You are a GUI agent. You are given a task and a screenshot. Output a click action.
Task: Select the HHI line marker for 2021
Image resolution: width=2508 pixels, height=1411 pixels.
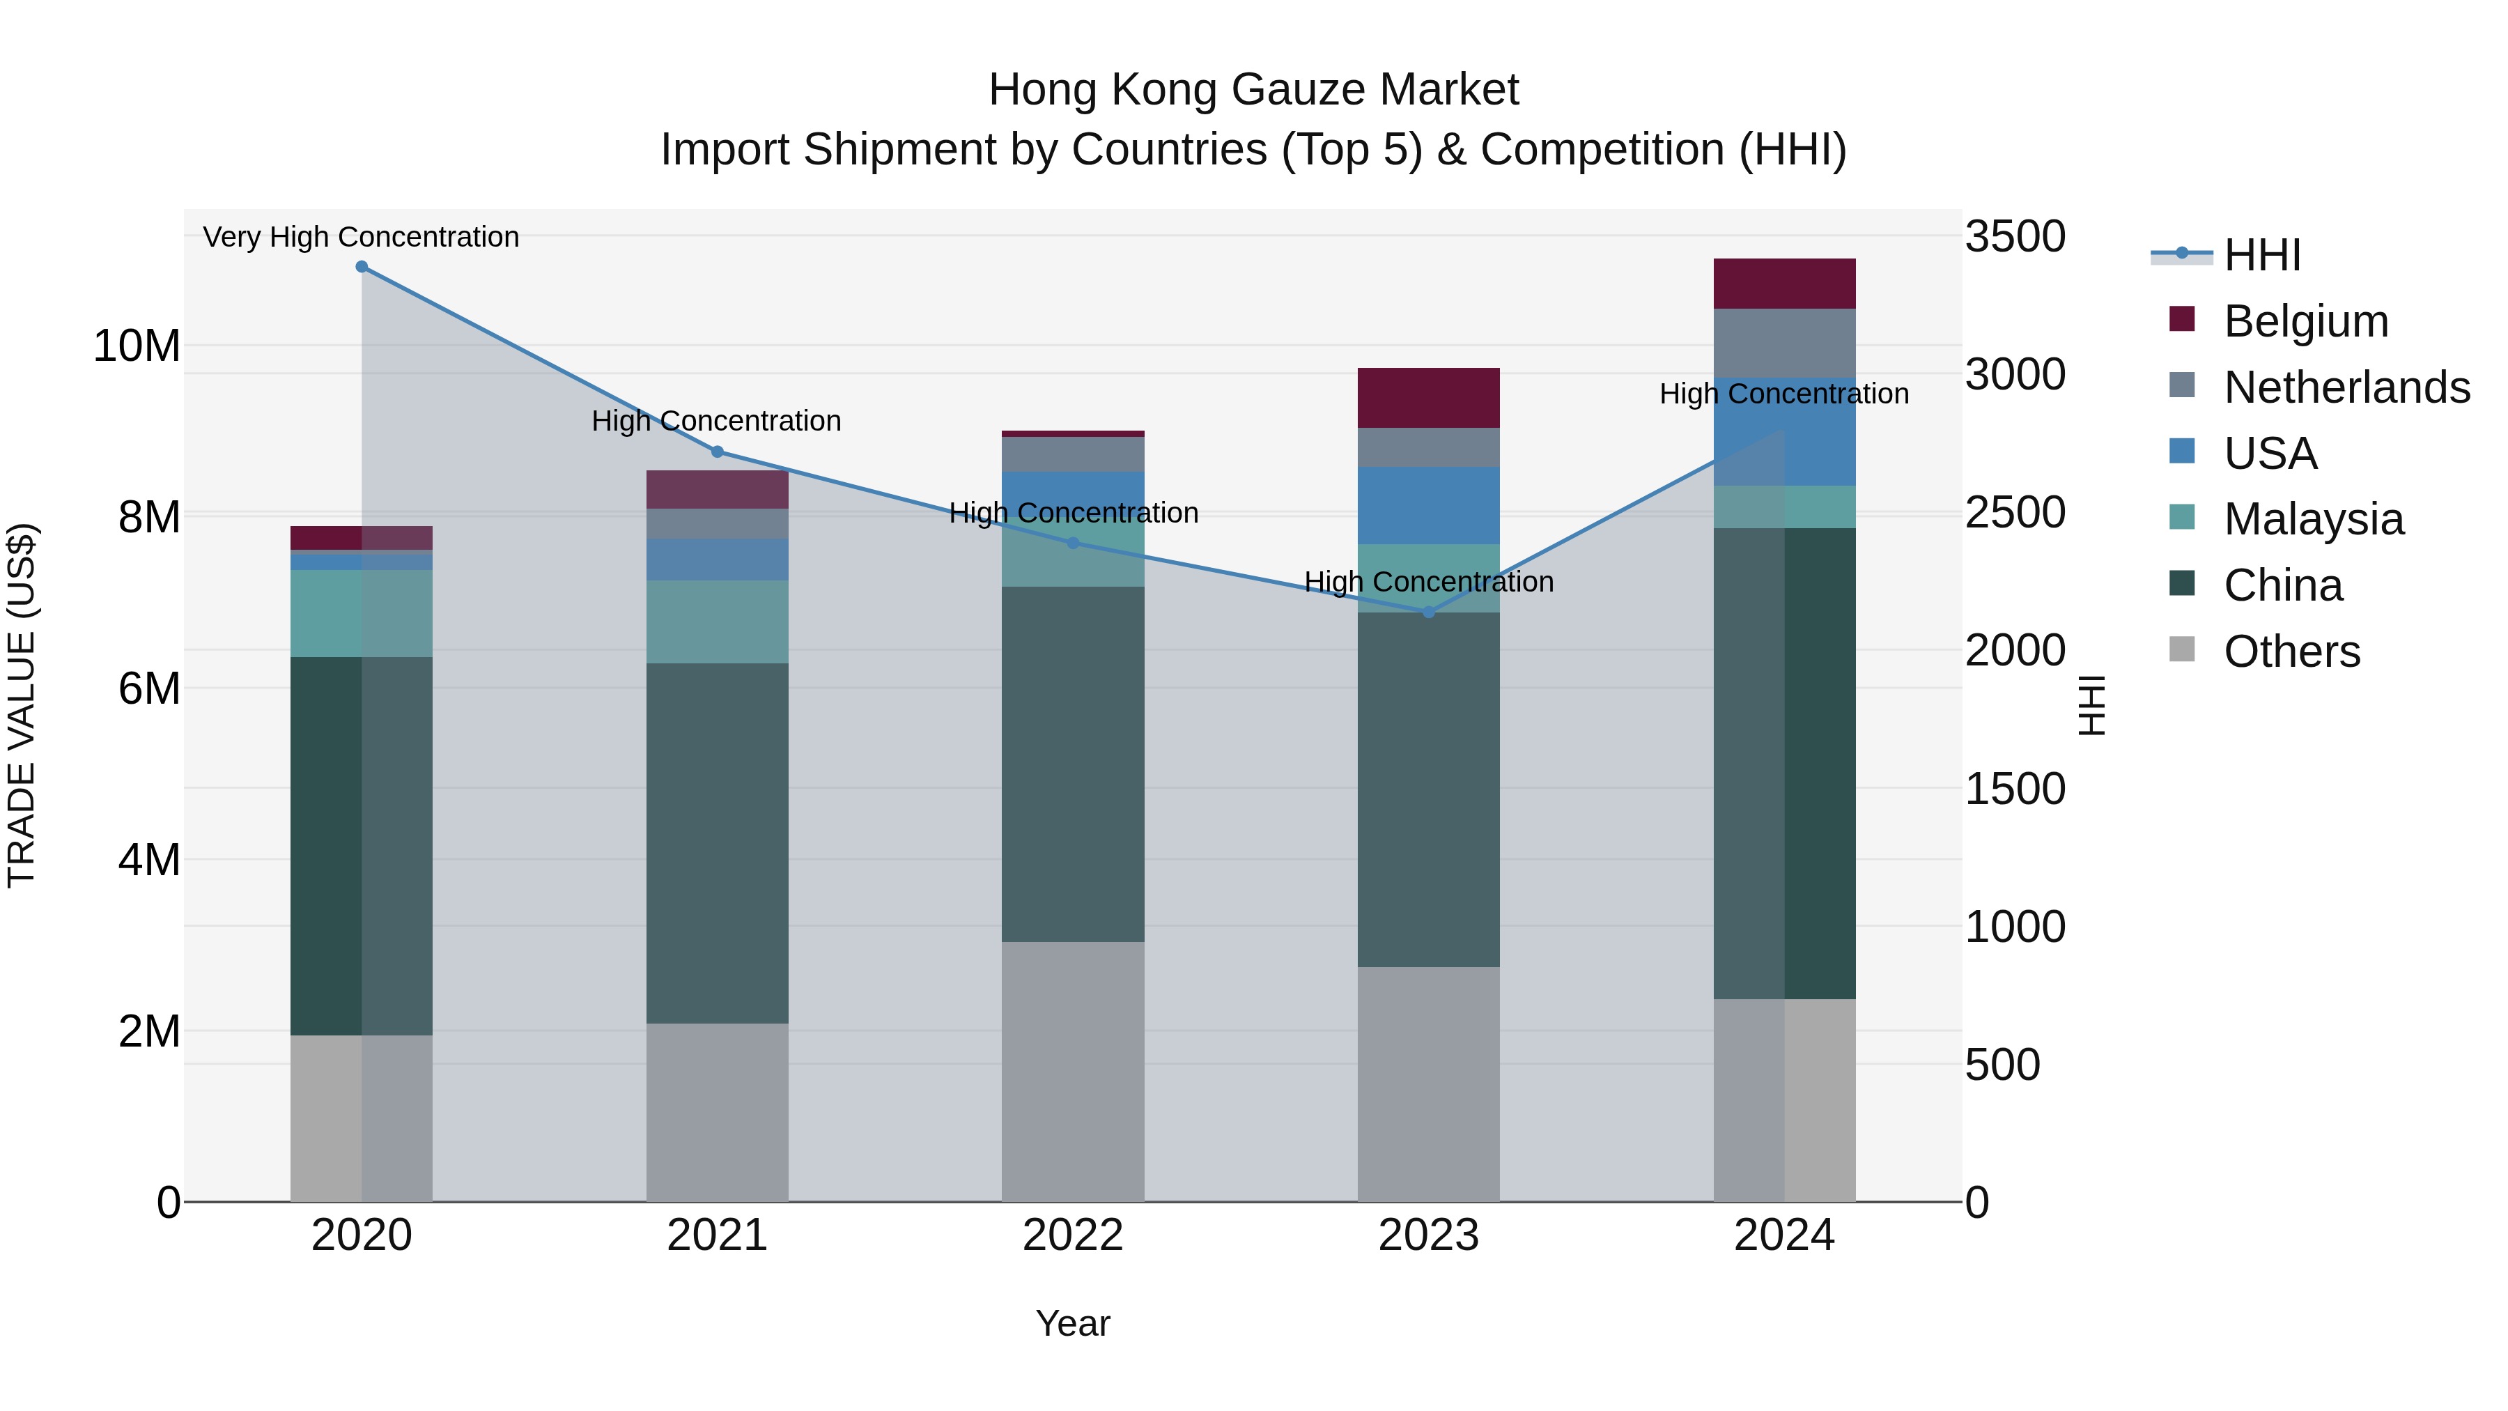pos(718,452)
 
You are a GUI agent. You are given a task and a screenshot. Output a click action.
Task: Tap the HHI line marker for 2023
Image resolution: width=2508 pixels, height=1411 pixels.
pos(1428,612)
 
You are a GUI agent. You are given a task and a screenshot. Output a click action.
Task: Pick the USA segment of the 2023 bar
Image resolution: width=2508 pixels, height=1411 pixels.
pos(1428,505)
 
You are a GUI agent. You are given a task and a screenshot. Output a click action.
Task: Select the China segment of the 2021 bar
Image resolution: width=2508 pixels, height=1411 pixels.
pos(718,842)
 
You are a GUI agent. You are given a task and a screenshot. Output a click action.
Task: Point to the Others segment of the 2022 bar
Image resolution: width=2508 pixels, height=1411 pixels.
pos(1073,1071)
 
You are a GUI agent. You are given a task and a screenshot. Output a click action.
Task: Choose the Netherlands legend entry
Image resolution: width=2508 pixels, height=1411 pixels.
pos(2346,387)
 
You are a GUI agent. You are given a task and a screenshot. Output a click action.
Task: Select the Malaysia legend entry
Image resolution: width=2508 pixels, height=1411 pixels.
pos(2313,519)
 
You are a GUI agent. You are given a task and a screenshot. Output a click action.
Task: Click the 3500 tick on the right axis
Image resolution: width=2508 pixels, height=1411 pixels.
pos(2014,237)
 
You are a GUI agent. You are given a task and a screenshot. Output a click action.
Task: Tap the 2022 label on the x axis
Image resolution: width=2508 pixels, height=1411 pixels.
pos(1073,1235)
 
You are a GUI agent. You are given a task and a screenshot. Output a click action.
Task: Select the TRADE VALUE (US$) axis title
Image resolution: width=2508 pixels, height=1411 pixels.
pos(22,705)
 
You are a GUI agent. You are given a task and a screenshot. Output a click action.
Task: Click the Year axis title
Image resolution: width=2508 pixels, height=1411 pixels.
pos(1073,1323)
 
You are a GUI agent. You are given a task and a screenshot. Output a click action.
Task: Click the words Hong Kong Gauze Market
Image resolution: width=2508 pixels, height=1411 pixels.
pos(1253,90)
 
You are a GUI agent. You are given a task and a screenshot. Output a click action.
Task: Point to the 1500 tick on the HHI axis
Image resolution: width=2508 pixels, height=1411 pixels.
pos(2014,789)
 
